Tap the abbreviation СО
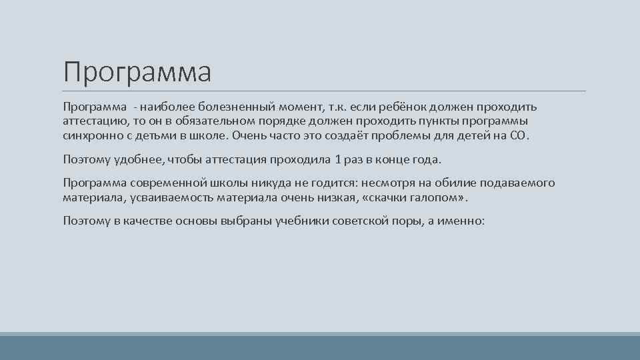coord(518,135)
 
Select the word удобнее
coord(139,160)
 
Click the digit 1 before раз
coord(338,160)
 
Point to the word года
coord(426,160)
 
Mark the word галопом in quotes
coord(439,198)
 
